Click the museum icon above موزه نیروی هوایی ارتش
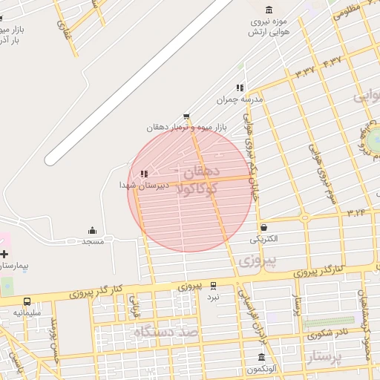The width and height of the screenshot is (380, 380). click(x=268, y=9)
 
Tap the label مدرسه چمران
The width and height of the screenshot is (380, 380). click(x=235, y=99)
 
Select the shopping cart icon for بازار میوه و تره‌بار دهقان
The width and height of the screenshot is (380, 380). click(x=186, y=116)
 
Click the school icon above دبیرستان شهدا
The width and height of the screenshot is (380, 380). click(x=143, y=173)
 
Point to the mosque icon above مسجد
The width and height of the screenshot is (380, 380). click(x=92, y=230)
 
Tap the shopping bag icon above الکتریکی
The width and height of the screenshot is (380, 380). click(x=263, y=227)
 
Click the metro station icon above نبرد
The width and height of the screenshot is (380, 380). click(x=213, y=285)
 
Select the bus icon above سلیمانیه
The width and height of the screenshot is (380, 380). click(x=27, y=301)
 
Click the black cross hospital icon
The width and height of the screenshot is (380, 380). click(x=4, y=254)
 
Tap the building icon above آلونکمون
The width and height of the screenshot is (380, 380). click(x=261, y=357)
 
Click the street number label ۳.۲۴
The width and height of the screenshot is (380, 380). click(x=356, y=212)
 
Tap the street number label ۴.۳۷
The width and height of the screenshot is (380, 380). click(x=332, y=60)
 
